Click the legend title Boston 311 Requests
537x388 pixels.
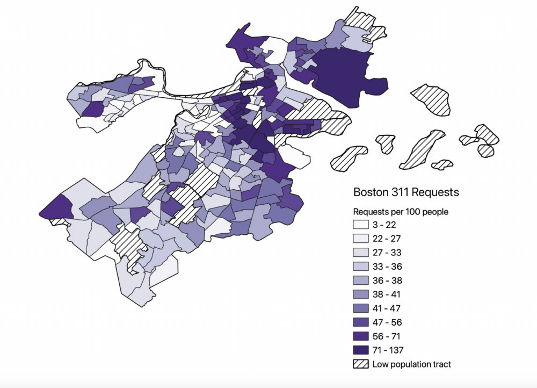[406, 192]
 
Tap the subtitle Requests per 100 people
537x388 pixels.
[400, 212]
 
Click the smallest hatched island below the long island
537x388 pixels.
[442, 164]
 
